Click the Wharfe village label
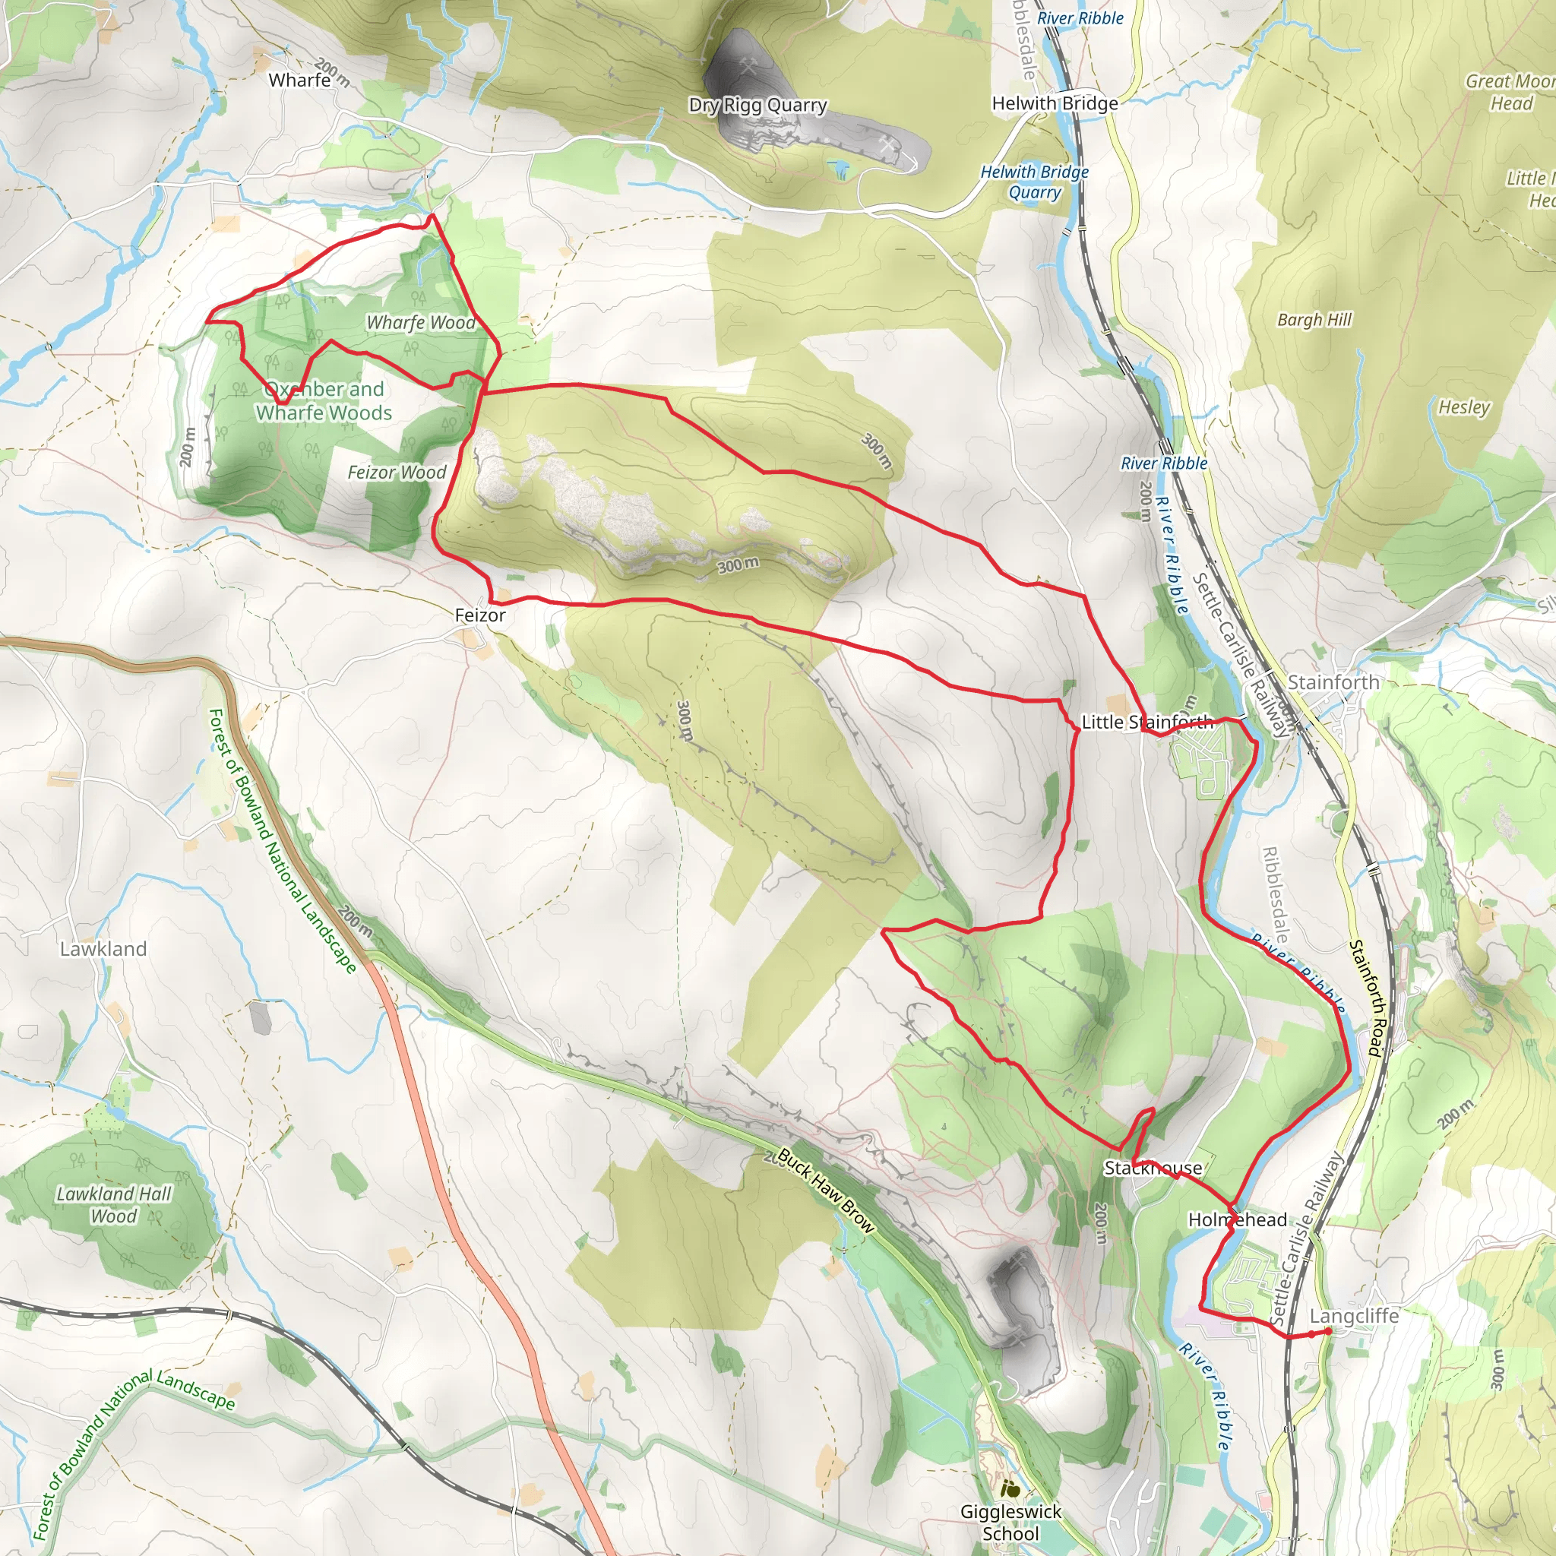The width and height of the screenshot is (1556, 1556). [299, 80]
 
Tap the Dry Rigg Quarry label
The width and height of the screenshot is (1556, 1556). [757, 105]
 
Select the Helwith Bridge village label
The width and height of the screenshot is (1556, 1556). [1055, 103]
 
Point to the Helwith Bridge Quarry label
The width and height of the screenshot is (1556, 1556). [1034, 182]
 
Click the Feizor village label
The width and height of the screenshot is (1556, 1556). [480, 615]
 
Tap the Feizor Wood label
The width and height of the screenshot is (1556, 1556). [397, 473]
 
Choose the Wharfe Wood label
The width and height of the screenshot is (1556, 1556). [420, 323]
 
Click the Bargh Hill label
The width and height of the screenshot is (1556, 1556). [1314, 320]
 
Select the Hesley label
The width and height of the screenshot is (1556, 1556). [1463, 407]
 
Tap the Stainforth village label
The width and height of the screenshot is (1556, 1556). [1333, 682]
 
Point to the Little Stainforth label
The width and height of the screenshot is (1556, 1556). [1146, 722]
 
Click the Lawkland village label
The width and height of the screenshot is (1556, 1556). [103, 949]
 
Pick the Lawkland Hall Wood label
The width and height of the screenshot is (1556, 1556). [113, 1205]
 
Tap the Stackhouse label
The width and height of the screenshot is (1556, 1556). [1153, 1168]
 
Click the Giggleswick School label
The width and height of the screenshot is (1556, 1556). [1010, 1522]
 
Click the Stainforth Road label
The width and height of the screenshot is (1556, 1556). [1367, 998]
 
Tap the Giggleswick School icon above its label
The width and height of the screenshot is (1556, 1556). [1010, 1489]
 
